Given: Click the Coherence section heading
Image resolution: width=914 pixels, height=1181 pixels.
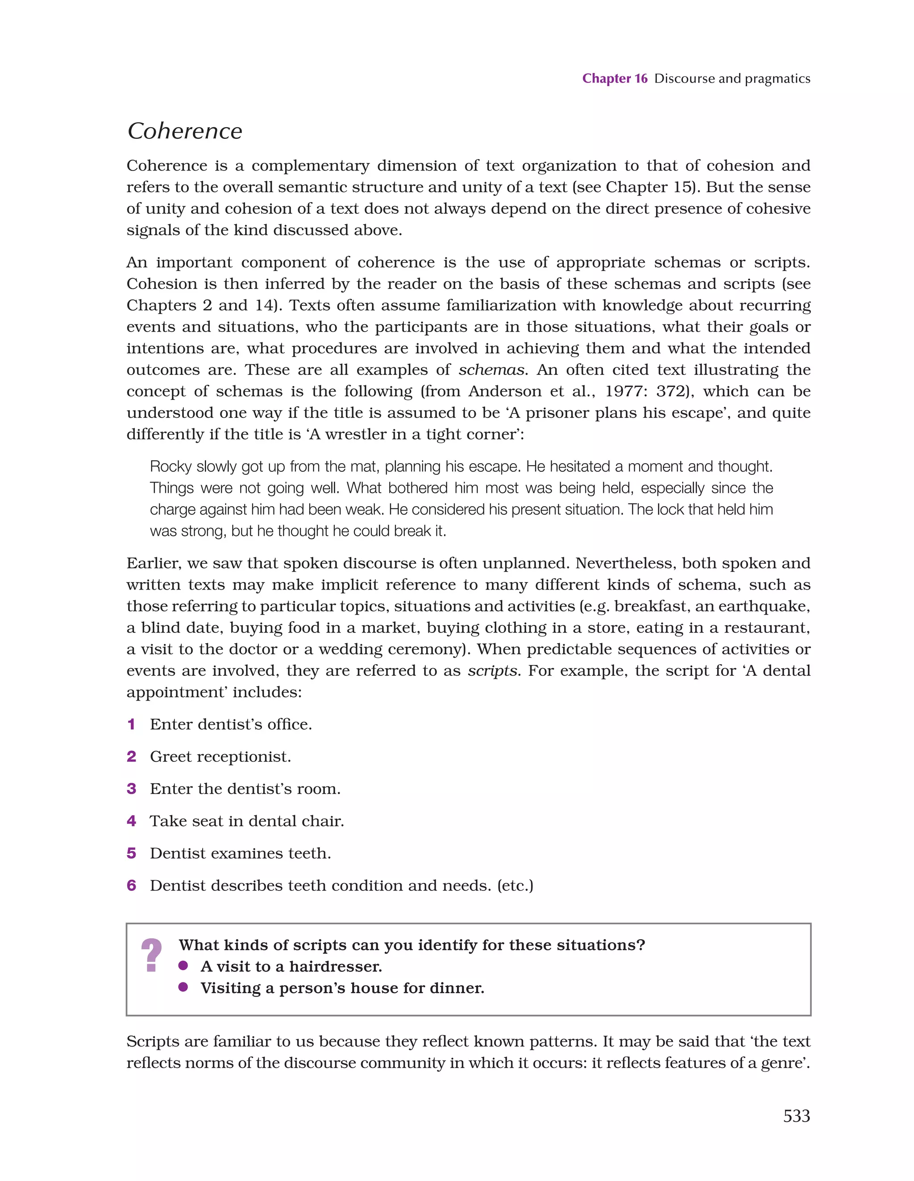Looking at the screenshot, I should point(184,131).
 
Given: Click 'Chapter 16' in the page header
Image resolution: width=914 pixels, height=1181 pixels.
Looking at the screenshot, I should point(615,79).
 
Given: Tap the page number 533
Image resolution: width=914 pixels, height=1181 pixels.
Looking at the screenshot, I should point(796,1115).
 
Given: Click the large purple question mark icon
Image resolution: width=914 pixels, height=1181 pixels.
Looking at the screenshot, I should point(151,956).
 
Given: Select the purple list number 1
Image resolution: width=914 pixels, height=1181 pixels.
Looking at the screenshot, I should point(131,724).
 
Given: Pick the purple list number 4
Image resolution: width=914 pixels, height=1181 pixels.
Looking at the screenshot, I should point(131,821).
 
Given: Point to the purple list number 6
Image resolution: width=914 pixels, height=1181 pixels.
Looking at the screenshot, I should point(131,886).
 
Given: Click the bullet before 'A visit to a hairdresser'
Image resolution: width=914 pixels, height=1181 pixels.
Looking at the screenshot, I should point(183,966).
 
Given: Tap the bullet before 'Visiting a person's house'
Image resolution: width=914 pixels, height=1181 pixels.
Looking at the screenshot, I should point(183,987).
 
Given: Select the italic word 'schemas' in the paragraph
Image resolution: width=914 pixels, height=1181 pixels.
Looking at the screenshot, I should point(491,370).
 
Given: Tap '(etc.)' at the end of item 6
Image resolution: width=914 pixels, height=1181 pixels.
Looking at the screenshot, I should point(515,886).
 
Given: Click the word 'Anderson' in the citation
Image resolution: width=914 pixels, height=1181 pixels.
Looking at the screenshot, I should point(506,391).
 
